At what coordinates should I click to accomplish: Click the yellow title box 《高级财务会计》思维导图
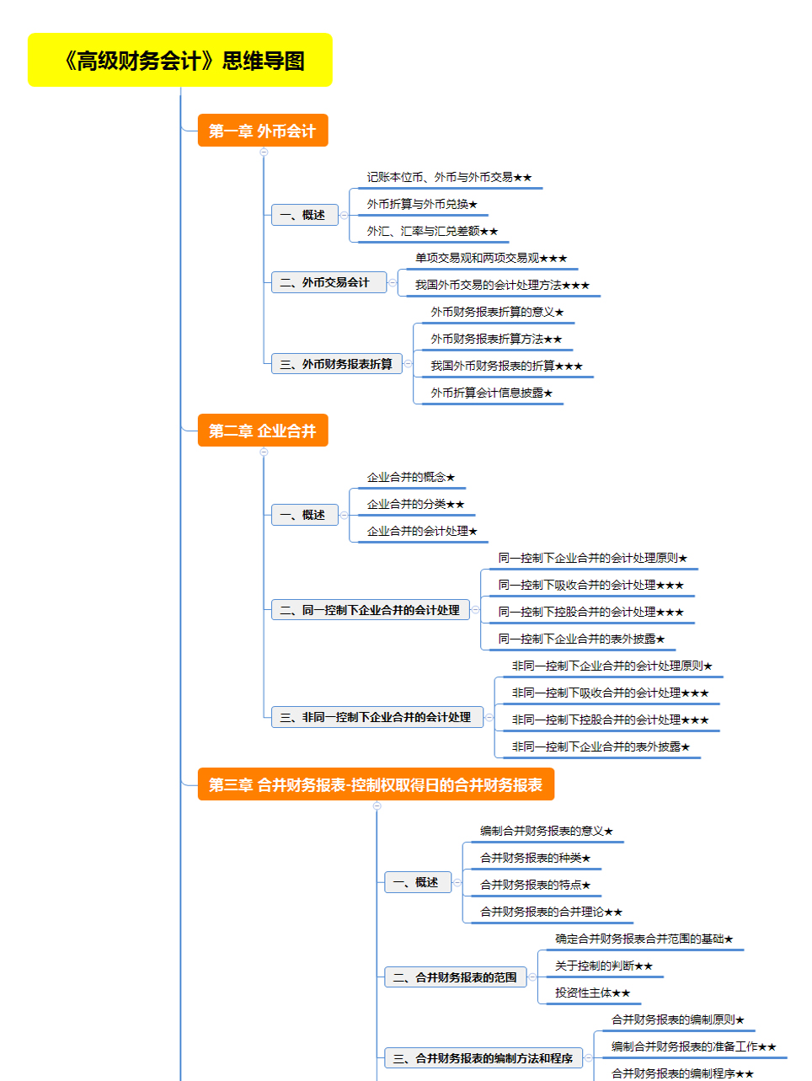pyautogui.click(x=180, y=60)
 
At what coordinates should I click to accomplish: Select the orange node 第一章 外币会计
pyautogui.click(x=263, y=131)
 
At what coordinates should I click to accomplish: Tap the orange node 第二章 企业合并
pyautogui.click(x=263, y=431)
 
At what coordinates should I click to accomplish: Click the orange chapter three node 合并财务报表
pyautogui.click(x=376, y=784)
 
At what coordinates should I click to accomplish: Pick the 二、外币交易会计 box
pyautogui.click(x=329, y=282)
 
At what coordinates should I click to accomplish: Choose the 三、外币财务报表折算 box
pyautogui.click(x=337, y=364)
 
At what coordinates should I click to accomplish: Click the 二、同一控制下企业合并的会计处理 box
pyautogui.click(x=371, y=610)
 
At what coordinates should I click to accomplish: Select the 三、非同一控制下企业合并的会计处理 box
pyautogui.click(x=377, y=717)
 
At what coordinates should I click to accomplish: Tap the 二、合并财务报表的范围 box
pyautogui.click(x=455, y=977)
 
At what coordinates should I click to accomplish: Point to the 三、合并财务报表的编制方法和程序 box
pyautogui.click(x=483, y=1058)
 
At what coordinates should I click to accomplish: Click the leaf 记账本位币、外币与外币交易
pyautogui.click(x=449, y=177)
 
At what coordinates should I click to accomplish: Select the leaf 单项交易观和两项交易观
pyautogui.click(x=491, y=258)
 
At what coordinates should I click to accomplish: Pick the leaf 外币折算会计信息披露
pyautogui.click(x=492, y=393)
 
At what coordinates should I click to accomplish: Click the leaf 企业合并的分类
pyautogui.click(x=416, y=504)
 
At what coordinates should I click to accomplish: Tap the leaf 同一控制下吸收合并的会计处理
pyautogui.click(x=591, y=585)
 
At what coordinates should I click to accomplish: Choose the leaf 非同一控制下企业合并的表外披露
pyautogui.click(x=601, y=747)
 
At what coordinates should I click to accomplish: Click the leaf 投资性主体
pyautogui.click(x=592, y=993)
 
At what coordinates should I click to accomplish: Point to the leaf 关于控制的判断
pyautogui.click(x=604, y=966)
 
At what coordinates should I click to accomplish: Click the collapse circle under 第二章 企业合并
pyautogui.click(x=264, y=452)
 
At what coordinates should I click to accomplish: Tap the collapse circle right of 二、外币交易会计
pyautogui.click(x=393, y=282)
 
